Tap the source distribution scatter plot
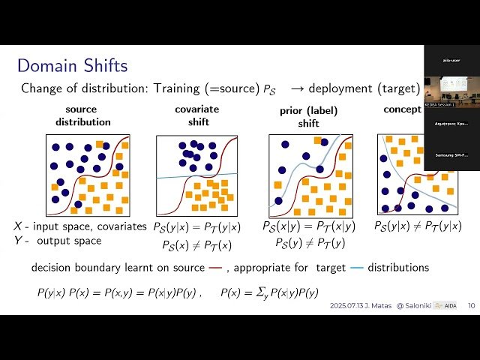[88, 175]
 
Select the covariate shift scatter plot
[196, 175]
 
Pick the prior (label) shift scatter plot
[309, 175]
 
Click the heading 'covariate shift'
[196, 115]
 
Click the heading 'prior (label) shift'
[309, 118]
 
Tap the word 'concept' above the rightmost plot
[403, 109]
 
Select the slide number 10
[471, 306]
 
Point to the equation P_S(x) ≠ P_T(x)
[192, 245]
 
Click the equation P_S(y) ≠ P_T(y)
[309, 242]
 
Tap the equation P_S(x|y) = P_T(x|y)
[309, 226]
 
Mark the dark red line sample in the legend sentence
[216, 268]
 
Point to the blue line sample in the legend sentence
[357, 268]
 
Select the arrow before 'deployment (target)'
[297, 88]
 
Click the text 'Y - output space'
[57, 241]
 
